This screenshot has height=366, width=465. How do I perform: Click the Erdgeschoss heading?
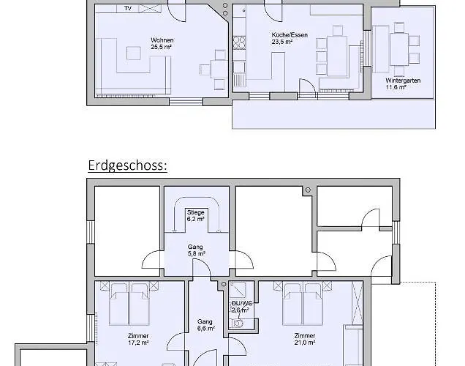pos(127,165)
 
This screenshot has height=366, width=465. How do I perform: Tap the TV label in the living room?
pos(128,8)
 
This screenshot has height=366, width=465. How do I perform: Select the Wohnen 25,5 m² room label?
pos(162,43)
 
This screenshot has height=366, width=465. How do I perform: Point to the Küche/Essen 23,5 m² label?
pos(290,38)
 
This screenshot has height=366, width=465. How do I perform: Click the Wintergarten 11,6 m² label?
pos(403,83)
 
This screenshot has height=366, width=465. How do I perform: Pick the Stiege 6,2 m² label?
pos(195,216)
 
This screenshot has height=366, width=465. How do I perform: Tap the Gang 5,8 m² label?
pos(196,250)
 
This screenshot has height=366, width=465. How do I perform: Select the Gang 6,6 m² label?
pos(205,325)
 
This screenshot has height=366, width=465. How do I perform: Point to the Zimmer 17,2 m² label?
pos(138,340)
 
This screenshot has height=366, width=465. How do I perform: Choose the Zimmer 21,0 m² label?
pos(305,339)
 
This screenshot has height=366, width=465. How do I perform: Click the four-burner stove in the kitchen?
pos(239,42)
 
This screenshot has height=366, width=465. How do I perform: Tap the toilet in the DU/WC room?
pos(237,324)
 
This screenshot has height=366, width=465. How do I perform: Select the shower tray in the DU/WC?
pos(238,290)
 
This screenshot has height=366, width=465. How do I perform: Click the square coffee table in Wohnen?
pos(134,53)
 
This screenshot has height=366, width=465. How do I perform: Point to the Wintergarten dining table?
pos(399,49)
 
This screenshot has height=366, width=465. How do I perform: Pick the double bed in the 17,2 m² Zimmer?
pos(129,303)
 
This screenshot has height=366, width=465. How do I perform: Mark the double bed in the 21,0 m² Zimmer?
pos(303,303)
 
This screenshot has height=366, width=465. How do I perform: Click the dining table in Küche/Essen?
pos(337,56)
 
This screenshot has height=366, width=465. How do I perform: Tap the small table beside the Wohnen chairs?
pos(219,70)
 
